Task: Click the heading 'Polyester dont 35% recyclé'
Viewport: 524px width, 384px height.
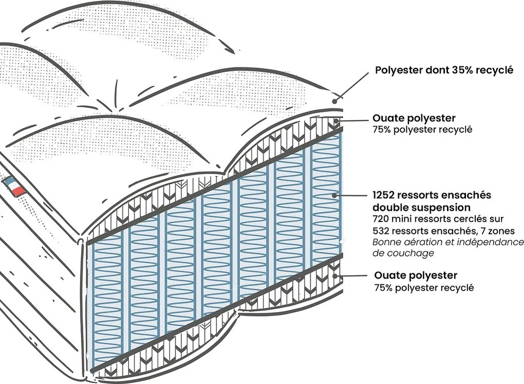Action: click(x=444, y=70)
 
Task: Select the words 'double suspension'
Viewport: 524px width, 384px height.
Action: click(x=421, y=208)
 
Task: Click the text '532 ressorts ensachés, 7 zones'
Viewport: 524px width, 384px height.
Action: click(x=443, y=231)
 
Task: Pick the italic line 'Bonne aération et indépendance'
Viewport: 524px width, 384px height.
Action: click(x=448, y=242)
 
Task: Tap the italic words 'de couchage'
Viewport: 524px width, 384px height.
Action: click(x=403, y=254)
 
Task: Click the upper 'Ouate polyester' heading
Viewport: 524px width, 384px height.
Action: click(x=414, y=118)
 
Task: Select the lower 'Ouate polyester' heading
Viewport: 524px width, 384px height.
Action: click(x=416, y=276)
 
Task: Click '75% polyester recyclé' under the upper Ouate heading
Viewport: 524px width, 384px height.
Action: click(x=422, y=130)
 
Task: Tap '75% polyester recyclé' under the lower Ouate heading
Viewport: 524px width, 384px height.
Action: click(x=424, y=287)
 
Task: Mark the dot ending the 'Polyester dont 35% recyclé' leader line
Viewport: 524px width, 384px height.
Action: click(x=335, y=101)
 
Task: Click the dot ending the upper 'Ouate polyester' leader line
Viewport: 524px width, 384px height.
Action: click(x=336, y=121)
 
